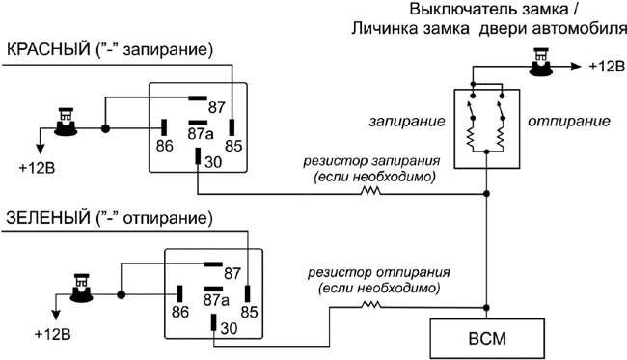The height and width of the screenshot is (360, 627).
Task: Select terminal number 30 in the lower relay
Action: (x=228, y=328)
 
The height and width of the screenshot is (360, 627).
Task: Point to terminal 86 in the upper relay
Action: (x=164, y=147)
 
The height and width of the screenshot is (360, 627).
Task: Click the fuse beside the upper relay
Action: (x=67, y=121)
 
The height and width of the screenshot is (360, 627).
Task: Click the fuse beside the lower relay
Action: (x=83, y=287)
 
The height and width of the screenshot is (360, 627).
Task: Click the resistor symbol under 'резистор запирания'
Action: (x=369, y=192)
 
